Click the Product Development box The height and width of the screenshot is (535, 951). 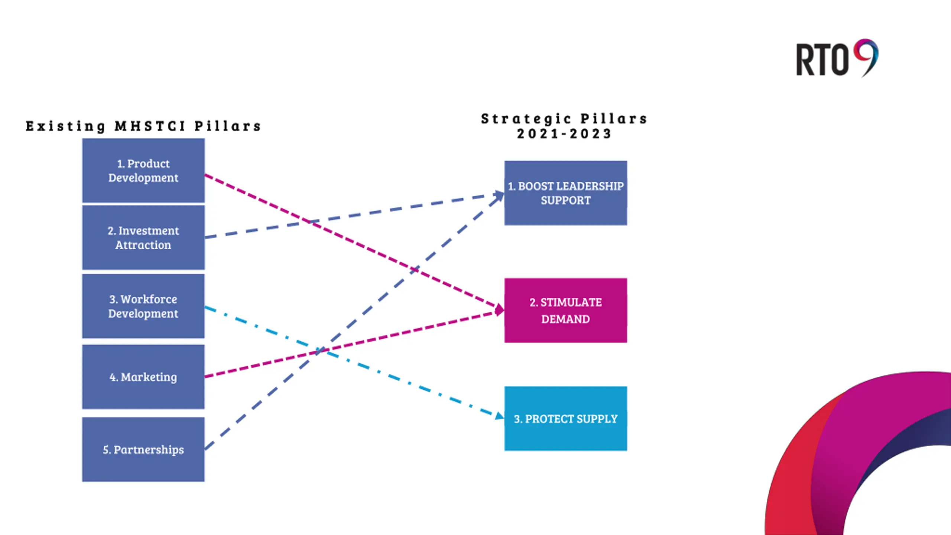click(143, 171)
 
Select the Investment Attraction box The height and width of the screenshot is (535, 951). click(143, 237)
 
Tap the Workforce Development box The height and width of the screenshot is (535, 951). click(143, 306)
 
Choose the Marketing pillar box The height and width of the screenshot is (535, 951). click(143, 377)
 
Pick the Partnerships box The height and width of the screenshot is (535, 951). click(143, 449)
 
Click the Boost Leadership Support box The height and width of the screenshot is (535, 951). click(566, 193)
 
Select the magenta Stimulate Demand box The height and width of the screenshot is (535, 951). click(566, 310)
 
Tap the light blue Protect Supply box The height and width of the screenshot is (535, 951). click(566, 419)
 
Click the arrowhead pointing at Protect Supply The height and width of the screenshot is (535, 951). click(500, 415)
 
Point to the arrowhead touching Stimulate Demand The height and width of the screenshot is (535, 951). click(499, 309)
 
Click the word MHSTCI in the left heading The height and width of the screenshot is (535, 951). click(150, 126)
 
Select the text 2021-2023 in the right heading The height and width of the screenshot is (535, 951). click(564, 134)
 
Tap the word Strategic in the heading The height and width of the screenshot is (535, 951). click(526, 119)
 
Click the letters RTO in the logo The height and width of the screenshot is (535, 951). click(822, 60)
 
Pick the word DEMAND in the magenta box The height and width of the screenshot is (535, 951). click(565, 319)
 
